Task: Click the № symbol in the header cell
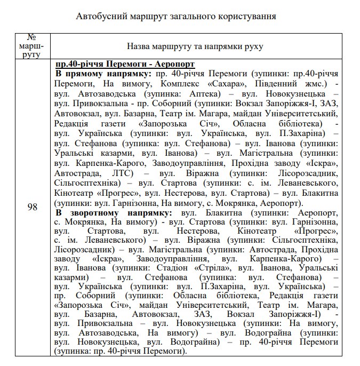pos(32,37)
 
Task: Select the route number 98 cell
pos(32,207)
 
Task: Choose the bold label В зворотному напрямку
pos(109,213)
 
